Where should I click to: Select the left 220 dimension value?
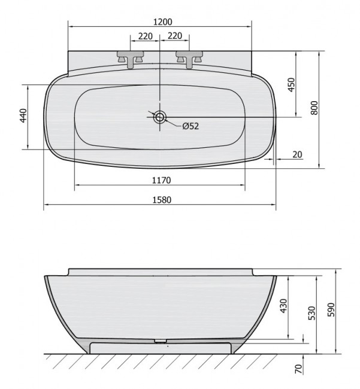(x=145, y=36)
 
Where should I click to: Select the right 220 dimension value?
(x=175, y=36)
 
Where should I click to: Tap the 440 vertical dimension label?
(x=23, y=116)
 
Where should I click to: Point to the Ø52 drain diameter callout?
(x=190, y=126)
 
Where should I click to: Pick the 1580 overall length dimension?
(x=161, y=200)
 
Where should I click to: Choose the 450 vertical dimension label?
(x=292, y=84)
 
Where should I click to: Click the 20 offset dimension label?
(x=298, y=154)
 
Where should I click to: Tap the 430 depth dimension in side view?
(x=285, y=306)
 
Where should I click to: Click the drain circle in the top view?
(x=160, y=117)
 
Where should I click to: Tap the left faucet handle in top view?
(x=131, y=58)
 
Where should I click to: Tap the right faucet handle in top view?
(x=188, y=58)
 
